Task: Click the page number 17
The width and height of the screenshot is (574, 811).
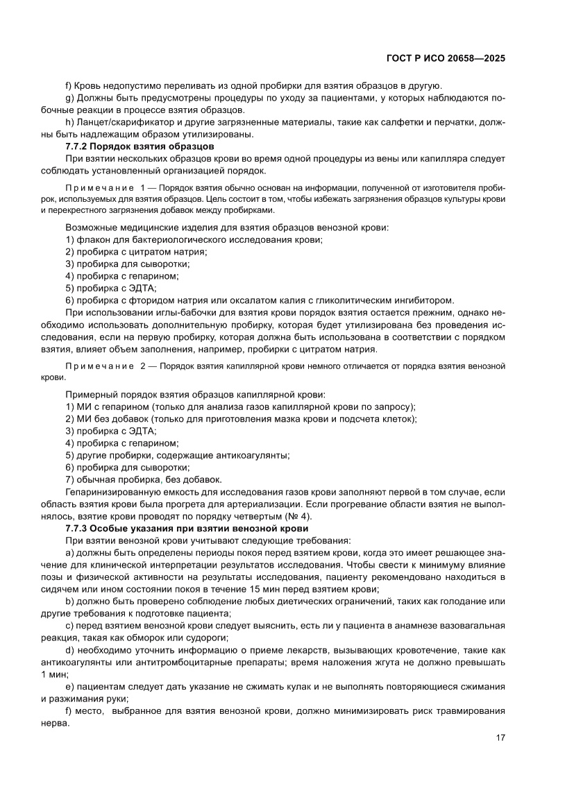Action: [500, 737]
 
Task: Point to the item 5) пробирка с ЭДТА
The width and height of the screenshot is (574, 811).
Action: [111, 288]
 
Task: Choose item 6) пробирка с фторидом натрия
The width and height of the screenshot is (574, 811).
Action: [259, 300]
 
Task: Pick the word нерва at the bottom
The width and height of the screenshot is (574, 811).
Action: [56, 722]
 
